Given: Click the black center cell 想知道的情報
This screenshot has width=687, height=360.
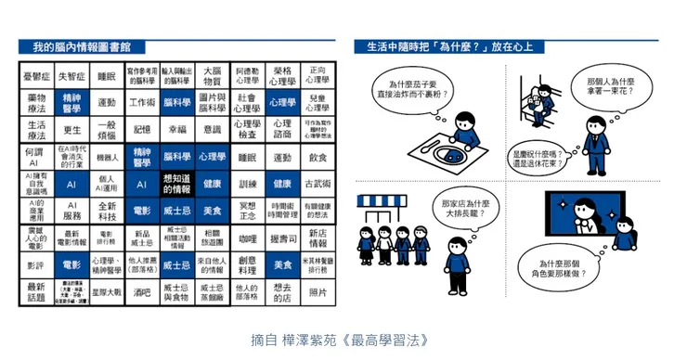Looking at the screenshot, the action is tap(176, 184).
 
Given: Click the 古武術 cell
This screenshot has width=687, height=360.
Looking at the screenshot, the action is tap(318, 184).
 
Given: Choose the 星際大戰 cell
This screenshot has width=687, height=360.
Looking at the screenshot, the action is tap(107, 291).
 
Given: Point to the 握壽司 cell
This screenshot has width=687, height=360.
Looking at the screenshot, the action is tap(282, 238).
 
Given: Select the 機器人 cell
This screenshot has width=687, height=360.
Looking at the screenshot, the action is tap(107, 158).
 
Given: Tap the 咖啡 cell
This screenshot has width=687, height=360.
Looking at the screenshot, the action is tap(246, 238).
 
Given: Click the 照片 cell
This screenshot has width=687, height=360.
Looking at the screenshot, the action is tap(318, 291).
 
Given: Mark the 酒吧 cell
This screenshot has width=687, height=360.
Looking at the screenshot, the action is tap(142, 291).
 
